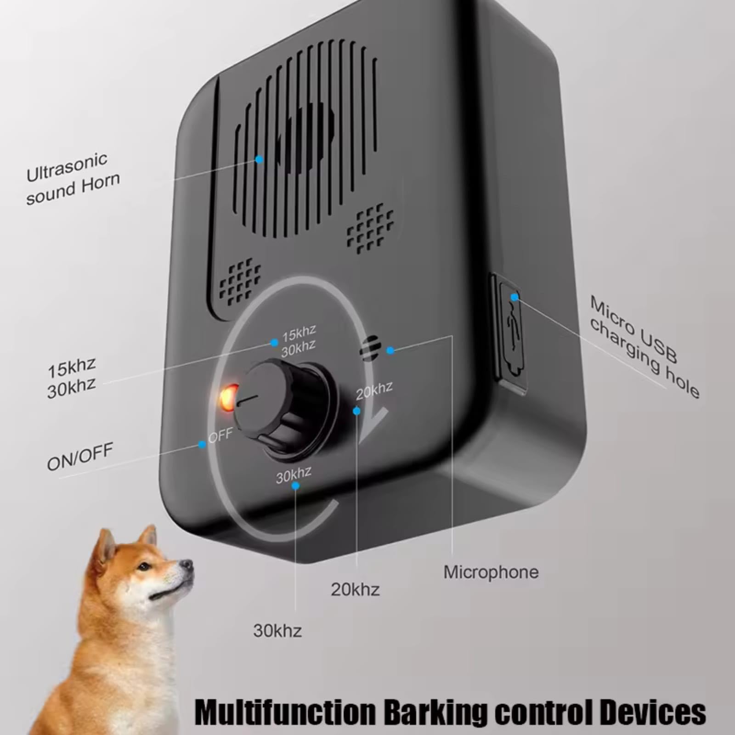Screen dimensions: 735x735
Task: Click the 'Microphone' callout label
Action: (491, 572)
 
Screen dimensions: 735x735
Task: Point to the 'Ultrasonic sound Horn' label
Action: (73, 178)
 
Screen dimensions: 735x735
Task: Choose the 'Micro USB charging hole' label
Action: (644, 347)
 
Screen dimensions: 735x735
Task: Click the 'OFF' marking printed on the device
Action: (220, 435)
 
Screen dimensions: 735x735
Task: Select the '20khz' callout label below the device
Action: (355, 589)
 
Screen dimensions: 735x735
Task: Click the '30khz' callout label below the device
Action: (277, 631)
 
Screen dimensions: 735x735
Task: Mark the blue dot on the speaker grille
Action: (259, 159)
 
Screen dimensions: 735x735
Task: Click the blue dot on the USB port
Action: (514, 297)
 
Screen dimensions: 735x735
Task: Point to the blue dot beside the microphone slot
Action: (390, 351)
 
